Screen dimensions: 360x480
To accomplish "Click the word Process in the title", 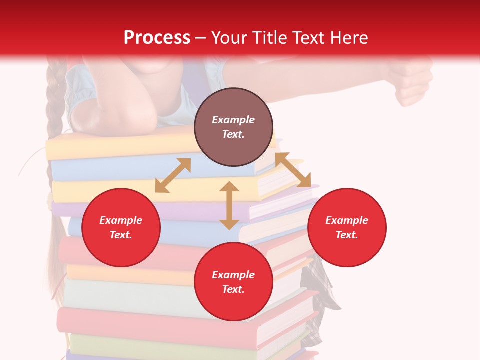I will pos(157,37).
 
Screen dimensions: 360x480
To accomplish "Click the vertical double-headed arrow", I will pos(229,205).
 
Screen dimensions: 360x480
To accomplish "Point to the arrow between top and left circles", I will pos(173,175).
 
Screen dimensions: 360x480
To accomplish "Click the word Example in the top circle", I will pos(233,120).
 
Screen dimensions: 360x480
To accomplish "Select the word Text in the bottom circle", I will pos(233,289).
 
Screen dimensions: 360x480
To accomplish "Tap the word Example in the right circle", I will pos(347,220).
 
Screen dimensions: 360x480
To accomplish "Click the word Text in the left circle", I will pos(121,235).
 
